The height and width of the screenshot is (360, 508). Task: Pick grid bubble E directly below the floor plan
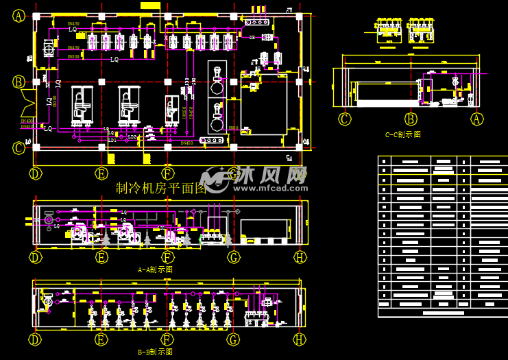point(101,173)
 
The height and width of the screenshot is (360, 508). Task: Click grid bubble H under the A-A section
point(300,257)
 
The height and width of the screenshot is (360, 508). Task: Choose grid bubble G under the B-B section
point(234,339)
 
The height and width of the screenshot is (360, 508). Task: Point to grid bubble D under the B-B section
point(36,339)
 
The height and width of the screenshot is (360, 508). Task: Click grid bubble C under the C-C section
point(345,119)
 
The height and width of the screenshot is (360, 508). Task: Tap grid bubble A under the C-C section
point(477,119)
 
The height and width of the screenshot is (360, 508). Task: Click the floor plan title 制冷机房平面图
point(161,189)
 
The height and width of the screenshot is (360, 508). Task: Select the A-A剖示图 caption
point(155,270)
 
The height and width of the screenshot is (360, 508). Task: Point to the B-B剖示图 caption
point(155,352)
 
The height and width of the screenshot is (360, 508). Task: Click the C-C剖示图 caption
point(402,135)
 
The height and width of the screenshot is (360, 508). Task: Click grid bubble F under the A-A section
point(167,257)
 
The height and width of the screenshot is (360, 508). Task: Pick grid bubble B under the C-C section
point(411,119)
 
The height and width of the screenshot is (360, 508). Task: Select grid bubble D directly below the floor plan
point(36,173)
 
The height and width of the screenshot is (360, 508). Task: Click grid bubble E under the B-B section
point(101,339)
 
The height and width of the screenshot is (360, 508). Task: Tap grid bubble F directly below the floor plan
point(167,173)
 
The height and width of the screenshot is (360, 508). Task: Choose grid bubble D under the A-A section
point(36,257)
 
